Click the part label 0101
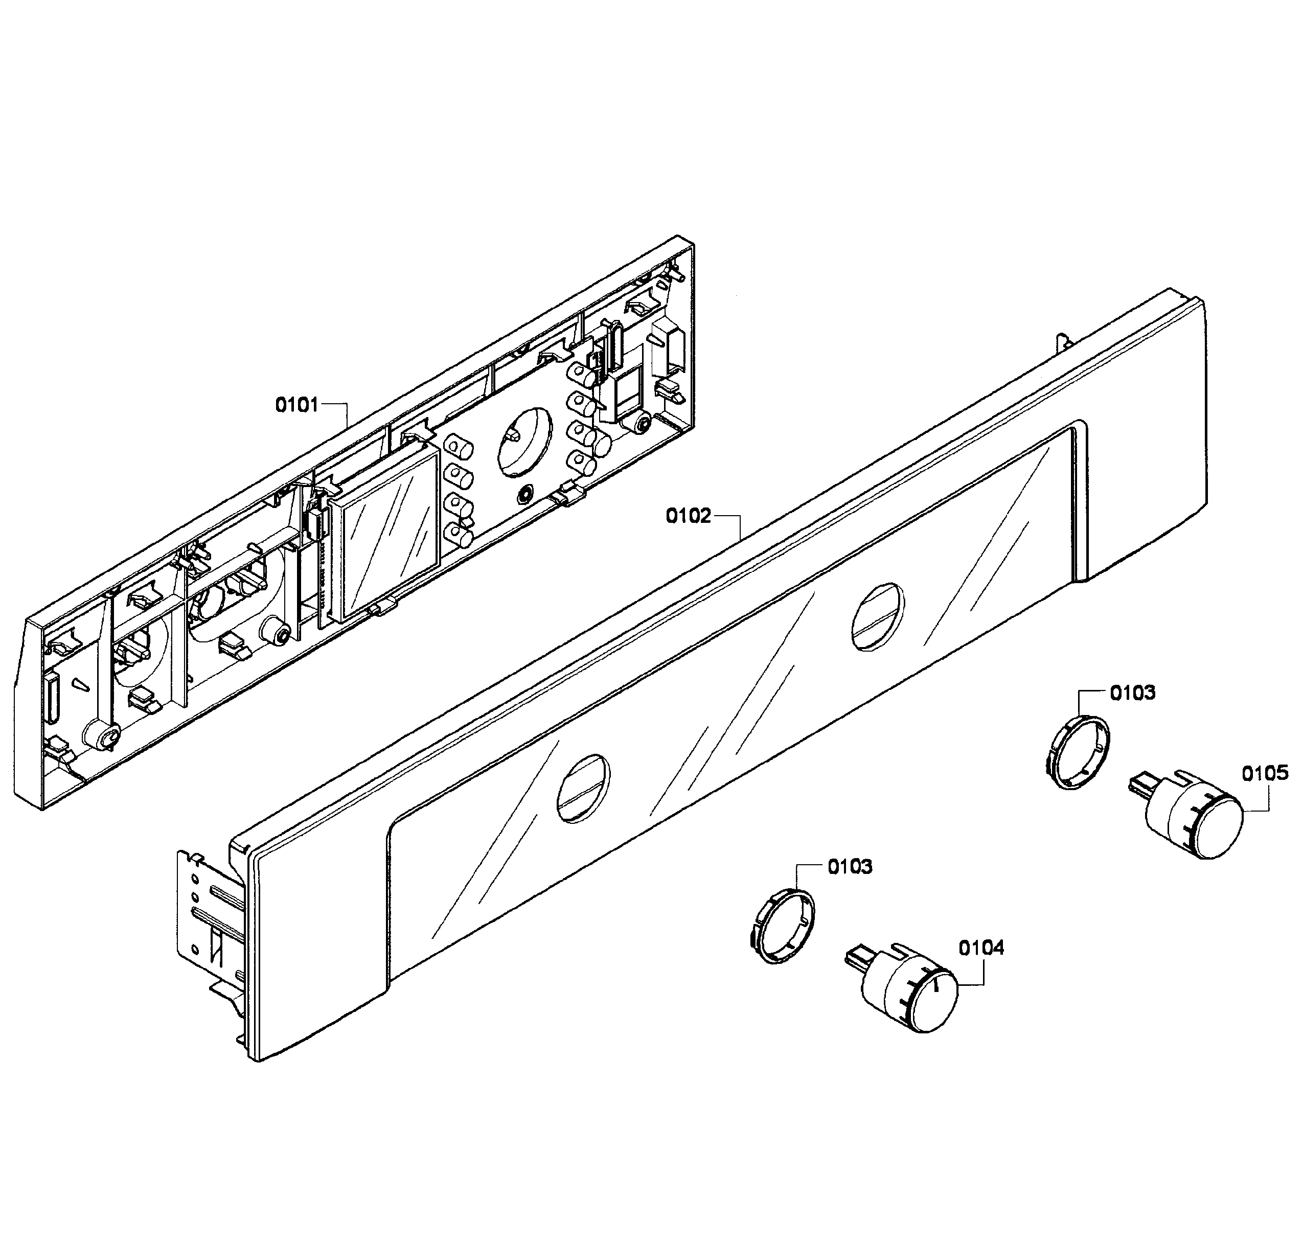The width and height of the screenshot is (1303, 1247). pyautogui.click(x=296, y=404)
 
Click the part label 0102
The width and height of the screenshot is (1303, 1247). pyautogui.click(x=688, y=515)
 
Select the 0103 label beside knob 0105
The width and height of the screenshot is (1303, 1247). pyautogui.click(x=1132, y=694)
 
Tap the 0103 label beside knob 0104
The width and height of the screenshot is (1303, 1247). pyautogui.click(x=850, y=867)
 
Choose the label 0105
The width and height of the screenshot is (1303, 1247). pyautogui.click(x=1265, y=773)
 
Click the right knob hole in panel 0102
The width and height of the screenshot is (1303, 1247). pyautogui.click(x=878, y=616)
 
